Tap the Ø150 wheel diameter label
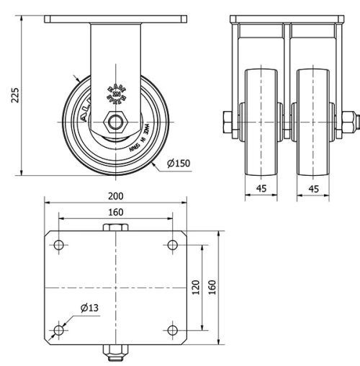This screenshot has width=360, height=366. [178, 164]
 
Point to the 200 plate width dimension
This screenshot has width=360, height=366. [115, 196]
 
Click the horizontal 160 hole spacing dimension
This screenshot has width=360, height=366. [115, 212]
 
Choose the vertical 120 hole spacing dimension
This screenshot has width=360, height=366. [195, 287]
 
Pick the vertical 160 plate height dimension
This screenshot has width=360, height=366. [212, 287]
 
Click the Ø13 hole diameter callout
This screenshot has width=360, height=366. [89, 308]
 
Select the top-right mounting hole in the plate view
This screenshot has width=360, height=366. [172, 245]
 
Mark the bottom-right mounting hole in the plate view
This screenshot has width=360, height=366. [172, 331]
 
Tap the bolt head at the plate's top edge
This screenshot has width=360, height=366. [115, 228]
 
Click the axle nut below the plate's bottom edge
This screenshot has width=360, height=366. [115, 352]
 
